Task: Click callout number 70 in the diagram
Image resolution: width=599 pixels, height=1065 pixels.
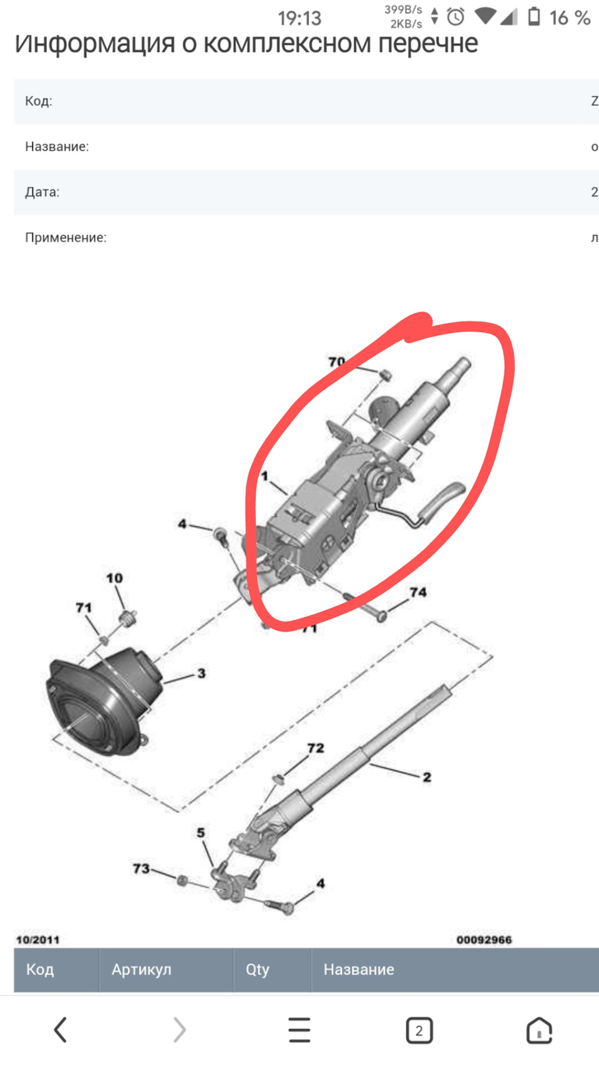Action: (336, 362)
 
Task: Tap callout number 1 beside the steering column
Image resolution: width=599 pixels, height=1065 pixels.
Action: (265, 476)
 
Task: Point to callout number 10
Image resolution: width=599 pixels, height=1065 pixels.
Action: (114, 578)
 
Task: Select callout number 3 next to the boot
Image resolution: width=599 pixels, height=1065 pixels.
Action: (202, 673)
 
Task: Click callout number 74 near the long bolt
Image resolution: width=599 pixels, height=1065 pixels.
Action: (418, 592)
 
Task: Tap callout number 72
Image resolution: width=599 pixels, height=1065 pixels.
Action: (316, 748)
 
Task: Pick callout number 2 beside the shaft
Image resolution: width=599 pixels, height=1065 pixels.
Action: (427, 777)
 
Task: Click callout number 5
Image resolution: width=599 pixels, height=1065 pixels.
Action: (201, 833)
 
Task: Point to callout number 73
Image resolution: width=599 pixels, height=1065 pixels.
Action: (141, 869)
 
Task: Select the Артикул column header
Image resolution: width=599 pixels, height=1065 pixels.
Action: (141, 970)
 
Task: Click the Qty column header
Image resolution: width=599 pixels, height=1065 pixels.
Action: (257, 970)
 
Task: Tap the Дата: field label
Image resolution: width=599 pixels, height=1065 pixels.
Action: (42, 192)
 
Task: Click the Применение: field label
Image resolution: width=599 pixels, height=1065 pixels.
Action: (66, 238)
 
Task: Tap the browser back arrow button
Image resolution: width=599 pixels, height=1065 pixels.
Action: (60, 1030)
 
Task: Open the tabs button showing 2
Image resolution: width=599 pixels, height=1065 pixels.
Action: (419, 1030)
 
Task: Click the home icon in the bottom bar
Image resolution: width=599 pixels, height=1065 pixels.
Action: (539, 1030)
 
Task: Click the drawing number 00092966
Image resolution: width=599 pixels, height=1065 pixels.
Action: (484, 940)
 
